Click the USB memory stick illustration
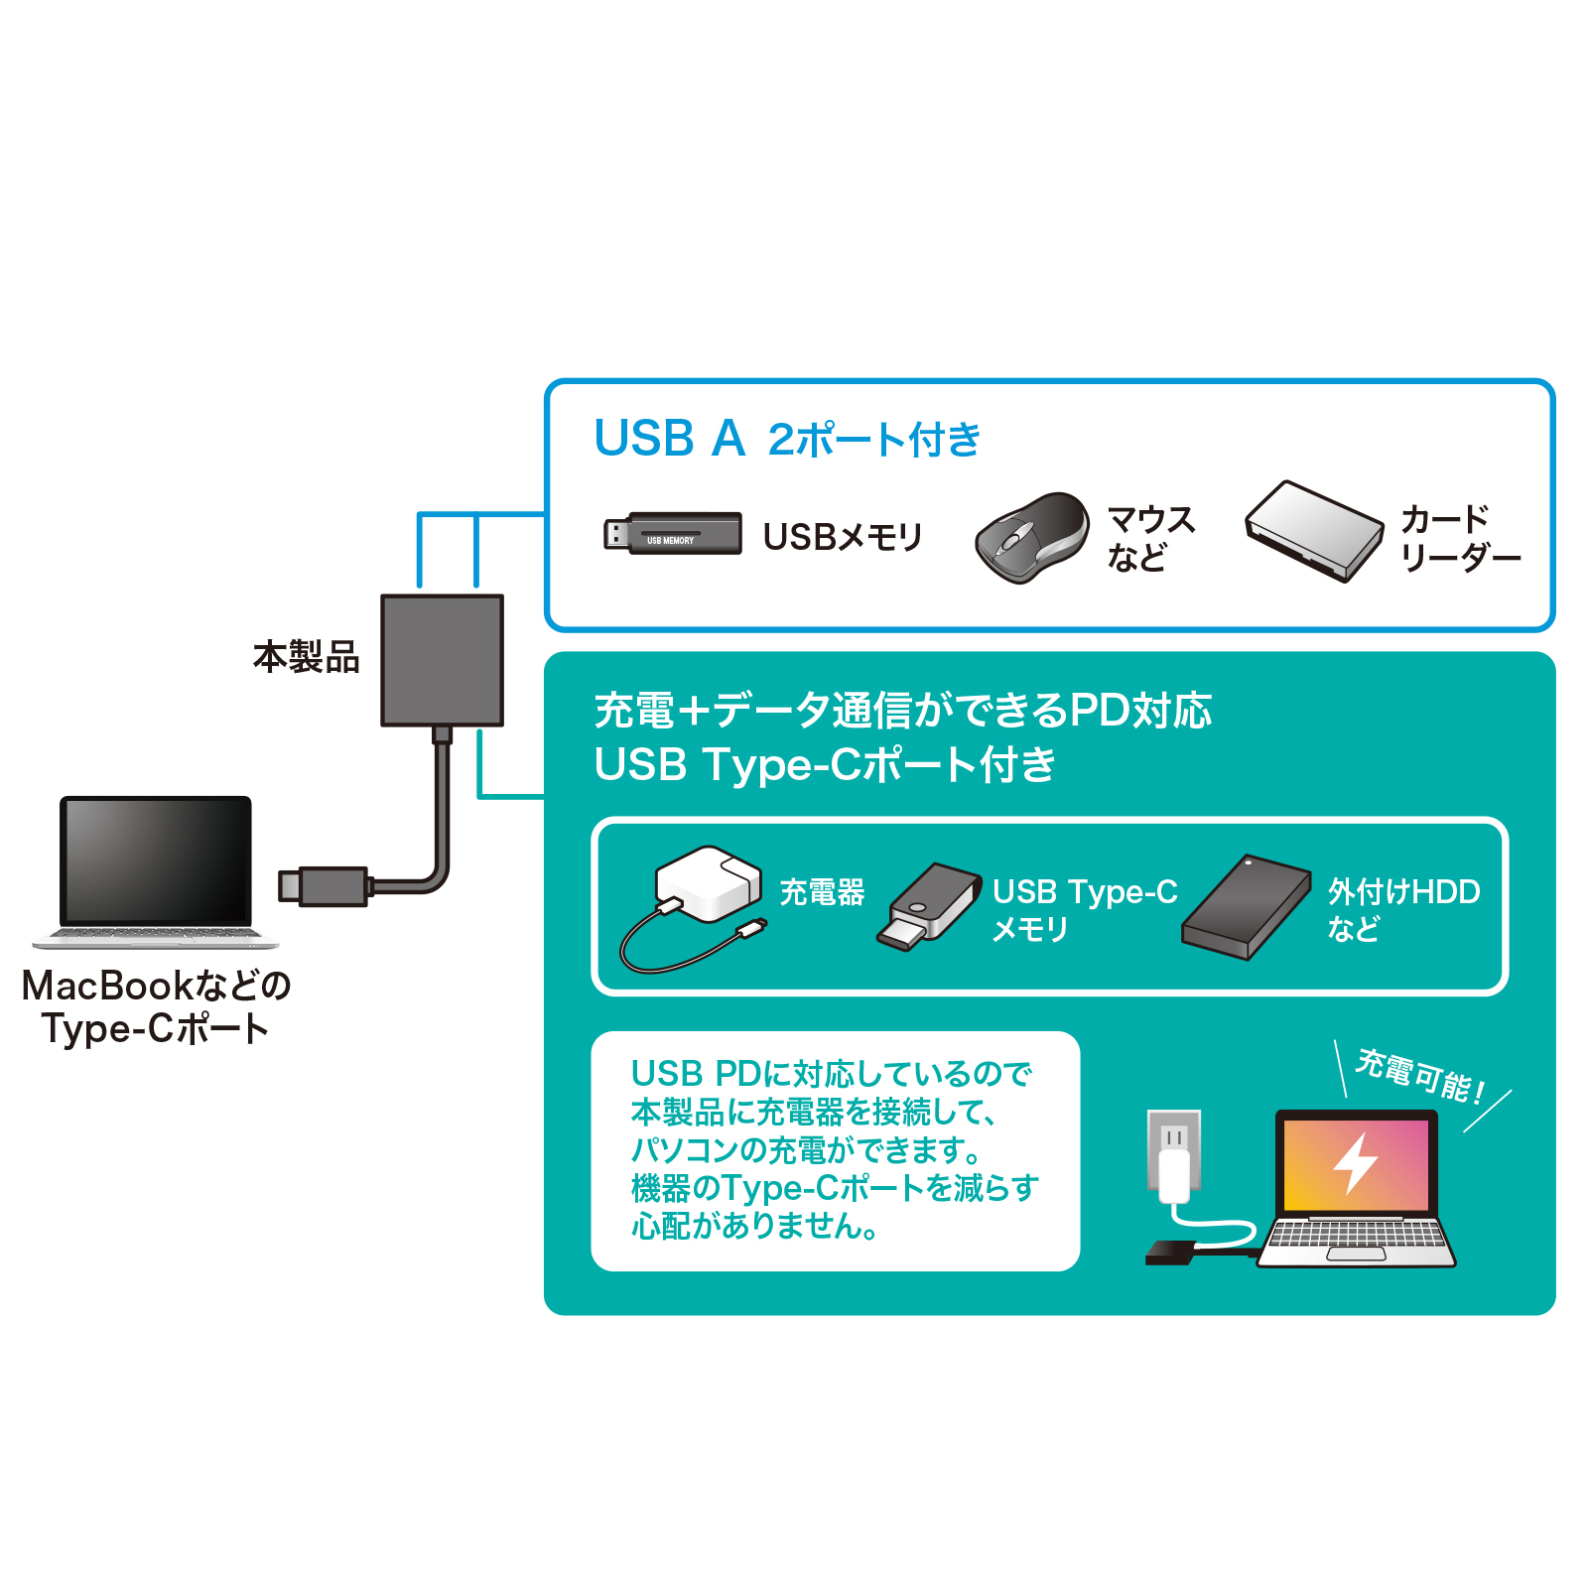pyautogui.click(x=673, y=534)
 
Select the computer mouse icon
pyautogui.click(x=1031, y=537)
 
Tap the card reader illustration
pyautogui.click(x=1314, y=531)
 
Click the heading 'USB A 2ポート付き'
pyautogui.click(x=786, y=439)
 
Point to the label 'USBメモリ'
pyautogui.click(x=843, y=537)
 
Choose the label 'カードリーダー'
pyautogui.click(x=1459, y=538)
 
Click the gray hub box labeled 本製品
pyautogui.click(x=443, y=660)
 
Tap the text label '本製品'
pyautogui.click(x=306, y=657)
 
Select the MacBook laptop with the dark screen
pyautogui.click(x=156, y=870)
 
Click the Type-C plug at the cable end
pyautogui.click(x=323, y=885)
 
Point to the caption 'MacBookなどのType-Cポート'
pyautogui.click(x=156, y=1006)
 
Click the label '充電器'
pyautogui.click(x=822, y=892)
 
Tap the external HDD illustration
pyautogui.click(x=1246, y=907)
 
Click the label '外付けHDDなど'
pyautogui.click(x=1402, y=909)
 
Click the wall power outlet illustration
pyautogui.click(x=1174, y=1148)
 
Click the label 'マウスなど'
pyautogui.click(x=1150, y=538)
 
